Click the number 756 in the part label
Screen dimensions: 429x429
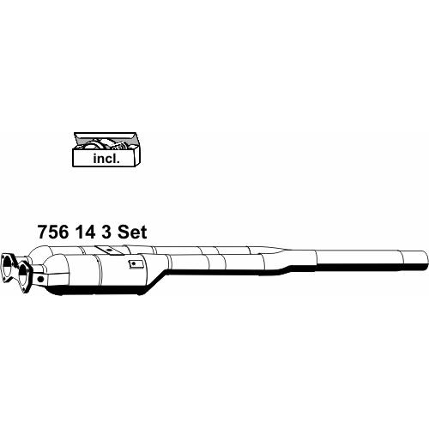[53, 232]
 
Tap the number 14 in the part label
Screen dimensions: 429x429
[85, 232]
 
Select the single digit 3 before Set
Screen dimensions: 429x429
[106, 232]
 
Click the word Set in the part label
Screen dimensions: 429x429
[132, 232]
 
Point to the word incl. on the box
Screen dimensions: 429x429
[106, 159]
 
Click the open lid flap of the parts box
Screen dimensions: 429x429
[105, 136]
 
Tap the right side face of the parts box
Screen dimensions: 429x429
[136, 154]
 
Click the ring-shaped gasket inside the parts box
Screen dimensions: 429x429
[92, 145]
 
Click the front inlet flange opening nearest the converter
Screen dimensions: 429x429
[24, 274]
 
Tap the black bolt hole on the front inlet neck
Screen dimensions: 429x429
[40, 279]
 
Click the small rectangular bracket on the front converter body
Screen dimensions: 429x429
[134, 264]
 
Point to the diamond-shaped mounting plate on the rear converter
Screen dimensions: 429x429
[109, 250]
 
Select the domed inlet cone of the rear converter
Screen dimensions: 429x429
[41, 253]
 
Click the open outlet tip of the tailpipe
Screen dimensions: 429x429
[426, 260]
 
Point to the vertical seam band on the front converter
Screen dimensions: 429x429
[100, 274]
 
